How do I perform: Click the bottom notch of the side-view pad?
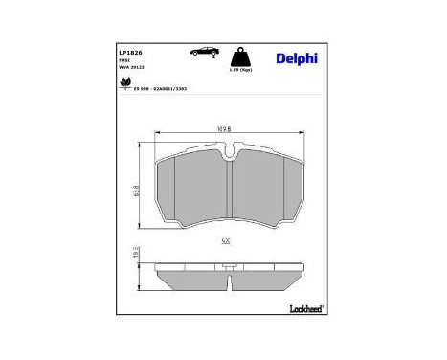(229, 283)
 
